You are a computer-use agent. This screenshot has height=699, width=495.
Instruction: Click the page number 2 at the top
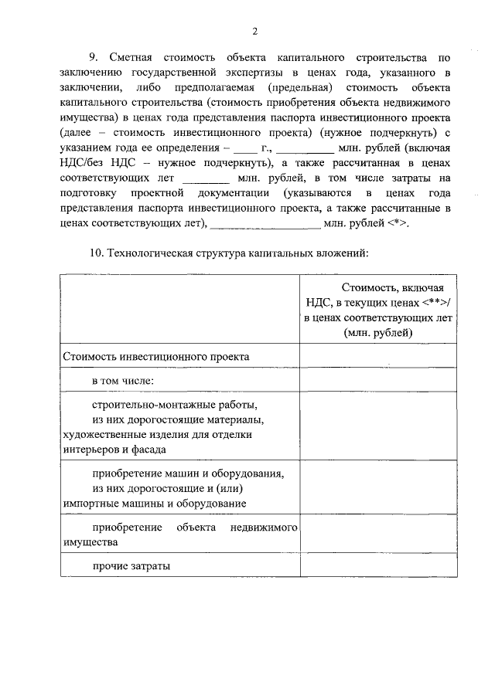(254, 31)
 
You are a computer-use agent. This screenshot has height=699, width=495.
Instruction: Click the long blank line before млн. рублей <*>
(265, 225)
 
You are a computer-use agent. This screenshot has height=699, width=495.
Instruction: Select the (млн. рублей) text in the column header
(378, 331)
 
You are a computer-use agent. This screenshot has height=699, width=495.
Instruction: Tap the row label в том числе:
(123, 381)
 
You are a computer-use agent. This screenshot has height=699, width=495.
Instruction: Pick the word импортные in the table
(90, 503)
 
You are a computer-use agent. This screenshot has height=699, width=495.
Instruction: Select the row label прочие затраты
(131, 566)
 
